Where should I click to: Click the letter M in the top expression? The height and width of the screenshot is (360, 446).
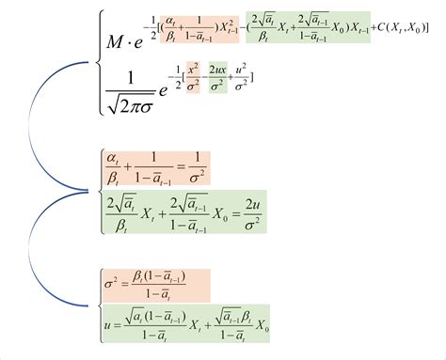coord(118,43)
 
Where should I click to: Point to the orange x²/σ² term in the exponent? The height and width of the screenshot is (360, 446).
coord(191,75)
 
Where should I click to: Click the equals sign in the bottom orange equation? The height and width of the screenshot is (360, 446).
coord(130,280)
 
